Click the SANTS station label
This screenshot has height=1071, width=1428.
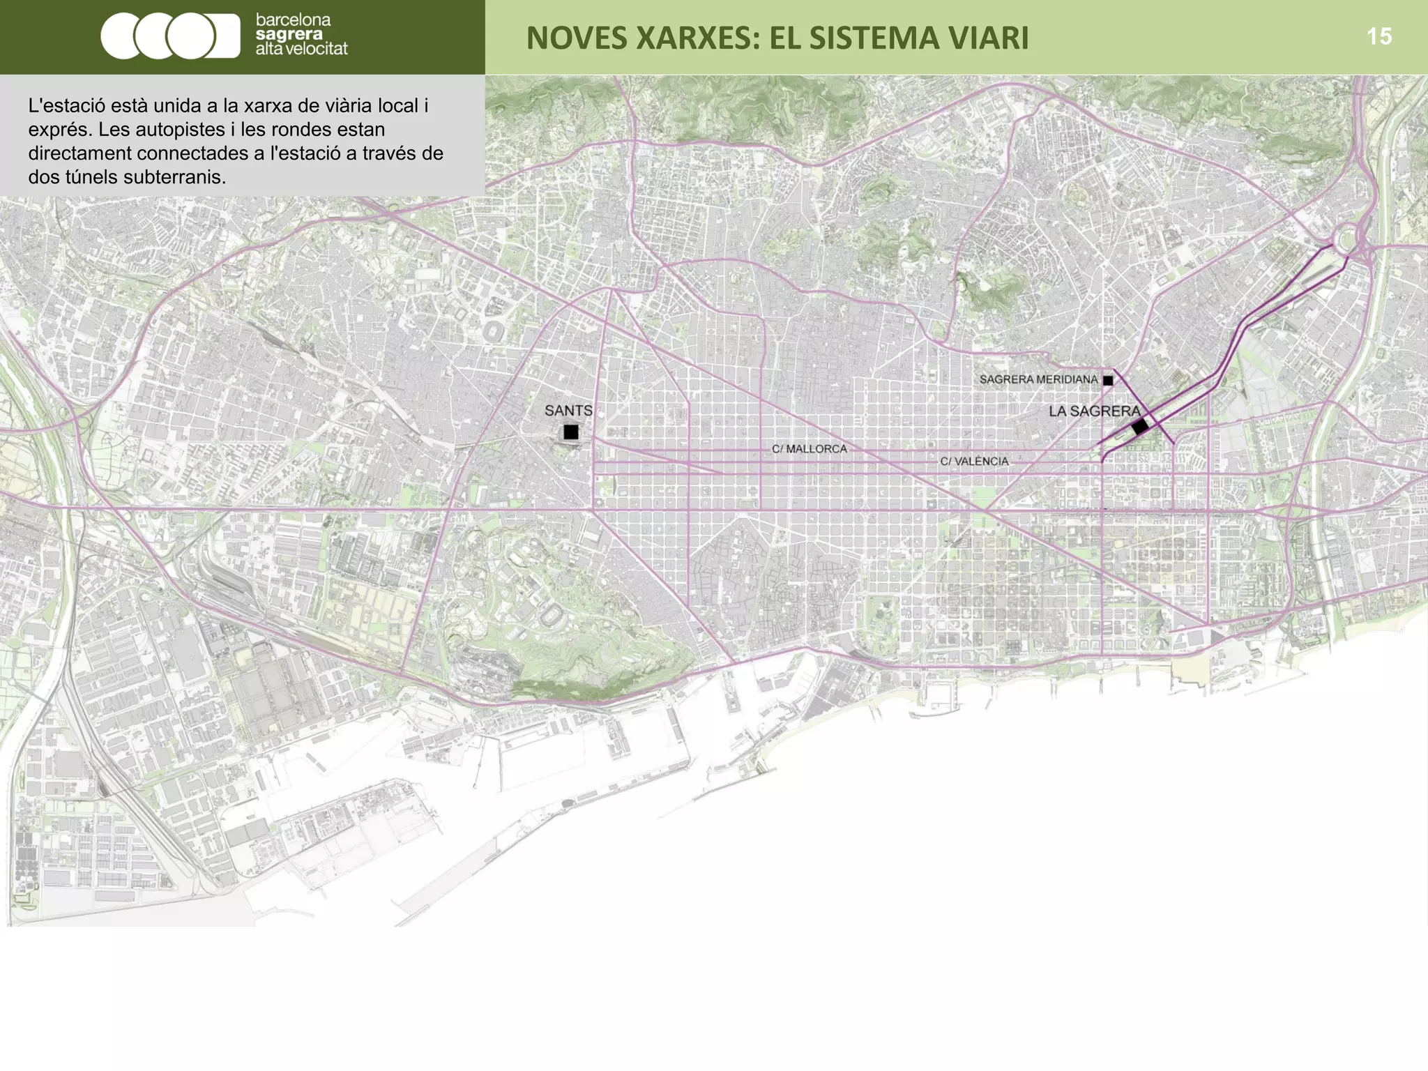568,411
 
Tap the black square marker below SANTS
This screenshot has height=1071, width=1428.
571,432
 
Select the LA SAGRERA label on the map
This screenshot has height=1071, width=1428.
1094,411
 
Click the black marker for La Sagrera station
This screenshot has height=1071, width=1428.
1140,426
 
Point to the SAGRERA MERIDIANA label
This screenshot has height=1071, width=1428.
1038,379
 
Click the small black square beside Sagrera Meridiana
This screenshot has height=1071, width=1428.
1108,380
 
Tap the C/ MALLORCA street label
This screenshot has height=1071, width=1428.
809,449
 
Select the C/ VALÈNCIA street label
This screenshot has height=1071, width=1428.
974,462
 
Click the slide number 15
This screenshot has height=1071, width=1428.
1378,36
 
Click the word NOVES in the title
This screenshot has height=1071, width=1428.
575,38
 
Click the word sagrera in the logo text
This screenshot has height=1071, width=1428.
289,35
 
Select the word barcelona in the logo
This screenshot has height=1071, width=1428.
293,20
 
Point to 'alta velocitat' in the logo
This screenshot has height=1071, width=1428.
301,49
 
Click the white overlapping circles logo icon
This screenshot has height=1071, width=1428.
169,36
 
